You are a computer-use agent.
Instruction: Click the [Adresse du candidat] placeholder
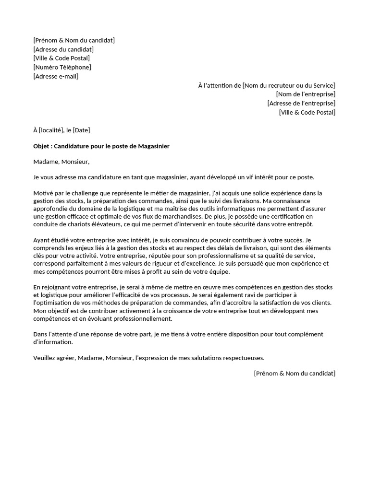coord(63,49)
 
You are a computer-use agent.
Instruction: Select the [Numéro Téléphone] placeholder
coord(62,67)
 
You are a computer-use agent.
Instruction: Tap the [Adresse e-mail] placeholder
coord(56,76)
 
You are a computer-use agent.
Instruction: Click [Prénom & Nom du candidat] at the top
coord(74,40)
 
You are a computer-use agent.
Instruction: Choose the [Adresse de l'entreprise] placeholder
coord(301,103)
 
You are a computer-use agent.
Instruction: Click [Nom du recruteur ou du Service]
coord(289,85)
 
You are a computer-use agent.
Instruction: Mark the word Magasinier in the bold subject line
coord(154,146)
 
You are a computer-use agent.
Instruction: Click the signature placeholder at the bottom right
coord(295,373)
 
